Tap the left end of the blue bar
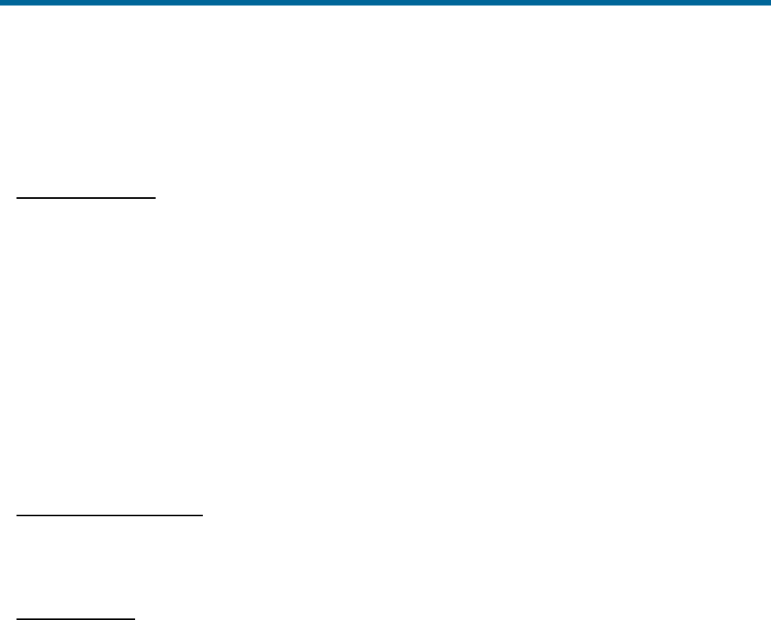tap(2, 2)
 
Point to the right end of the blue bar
tap(769, 2)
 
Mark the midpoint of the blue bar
tap(385, 2)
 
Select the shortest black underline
tap(76, 617)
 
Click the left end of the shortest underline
tap(17, 617)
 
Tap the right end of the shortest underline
tap(135, 617)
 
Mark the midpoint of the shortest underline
tap(76, 617)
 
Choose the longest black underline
tap(110, 515)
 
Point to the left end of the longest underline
tap(17, 515)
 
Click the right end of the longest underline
tap(203, 515)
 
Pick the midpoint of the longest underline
tap(110, 515)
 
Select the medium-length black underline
tap(87, 199)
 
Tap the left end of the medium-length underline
tap(17, 199)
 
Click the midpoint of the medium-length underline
tap(87, 199)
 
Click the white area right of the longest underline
tap(472, 515)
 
